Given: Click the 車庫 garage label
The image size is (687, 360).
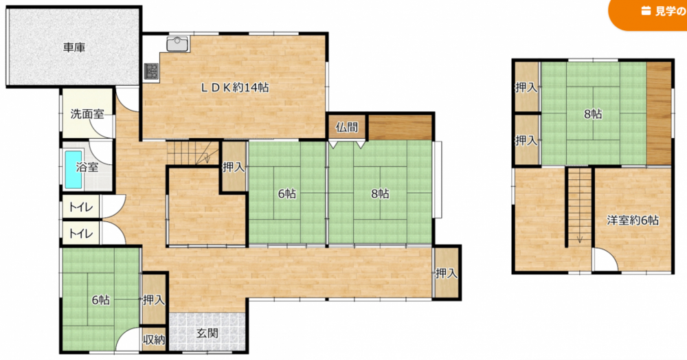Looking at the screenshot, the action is [74, 47].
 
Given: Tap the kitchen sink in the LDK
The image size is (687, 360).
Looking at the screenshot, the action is [177, 44].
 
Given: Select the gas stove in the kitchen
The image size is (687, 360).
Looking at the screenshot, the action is [152, 71].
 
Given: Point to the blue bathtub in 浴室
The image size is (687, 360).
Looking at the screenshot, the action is [74, 170].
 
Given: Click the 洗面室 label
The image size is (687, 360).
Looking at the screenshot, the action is [87, 114].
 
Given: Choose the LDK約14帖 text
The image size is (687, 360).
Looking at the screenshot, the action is [235, 87].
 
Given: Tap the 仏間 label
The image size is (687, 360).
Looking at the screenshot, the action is [347, 128].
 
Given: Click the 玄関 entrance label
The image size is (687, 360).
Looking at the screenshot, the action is [207, 333].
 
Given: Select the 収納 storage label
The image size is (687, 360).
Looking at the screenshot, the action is [154, 339].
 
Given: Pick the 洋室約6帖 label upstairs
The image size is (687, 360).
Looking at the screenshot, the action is [633, 220].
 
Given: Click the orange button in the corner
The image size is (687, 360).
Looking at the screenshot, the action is [649, 13].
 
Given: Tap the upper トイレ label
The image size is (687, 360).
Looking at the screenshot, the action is [81, 207].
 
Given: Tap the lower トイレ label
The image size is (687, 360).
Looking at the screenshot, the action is [81, 234].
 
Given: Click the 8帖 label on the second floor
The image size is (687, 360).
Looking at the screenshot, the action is [593, 114].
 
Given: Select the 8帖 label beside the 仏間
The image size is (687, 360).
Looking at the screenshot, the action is [380, 193].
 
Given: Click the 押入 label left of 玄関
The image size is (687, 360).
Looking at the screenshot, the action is [154, 300].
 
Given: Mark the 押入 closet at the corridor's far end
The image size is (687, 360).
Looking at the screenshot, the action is [447, 273].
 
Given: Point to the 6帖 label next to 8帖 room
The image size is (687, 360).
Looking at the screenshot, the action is [286, 193].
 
